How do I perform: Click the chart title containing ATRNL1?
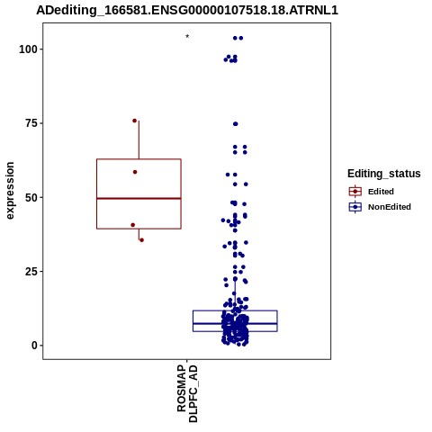point(187,11)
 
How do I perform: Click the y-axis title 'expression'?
point(10,191)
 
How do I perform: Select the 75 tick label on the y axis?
point(31,123)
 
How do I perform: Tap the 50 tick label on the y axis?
point(31,198)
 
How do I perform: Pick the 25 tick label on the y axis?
point(31,271)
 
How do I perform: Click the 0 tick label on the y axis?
point(34,346)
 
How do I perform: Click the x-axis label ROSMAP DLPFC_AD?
point(187,393)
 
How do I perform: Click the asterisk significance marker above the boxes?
point(187,37)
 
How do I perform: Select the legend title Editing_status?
point(384,174)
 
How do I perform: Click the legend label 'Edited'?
point(381,192)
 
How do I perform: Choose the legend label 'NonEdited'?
point(390,207)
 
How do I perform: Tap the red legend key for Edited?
point(355,192)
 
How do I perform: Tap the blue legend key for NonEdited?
point(355,207)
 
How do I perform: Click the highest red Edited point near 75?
point(134,121)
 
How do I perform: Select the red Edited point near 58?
point(135,172)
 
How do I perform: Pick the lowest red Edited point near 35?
point(141,240)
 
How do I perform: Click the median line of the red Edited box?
point(139,198)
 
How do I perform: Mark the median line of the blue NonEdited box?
point(235,324)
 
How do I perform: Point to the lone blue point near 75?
point(236,124)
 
